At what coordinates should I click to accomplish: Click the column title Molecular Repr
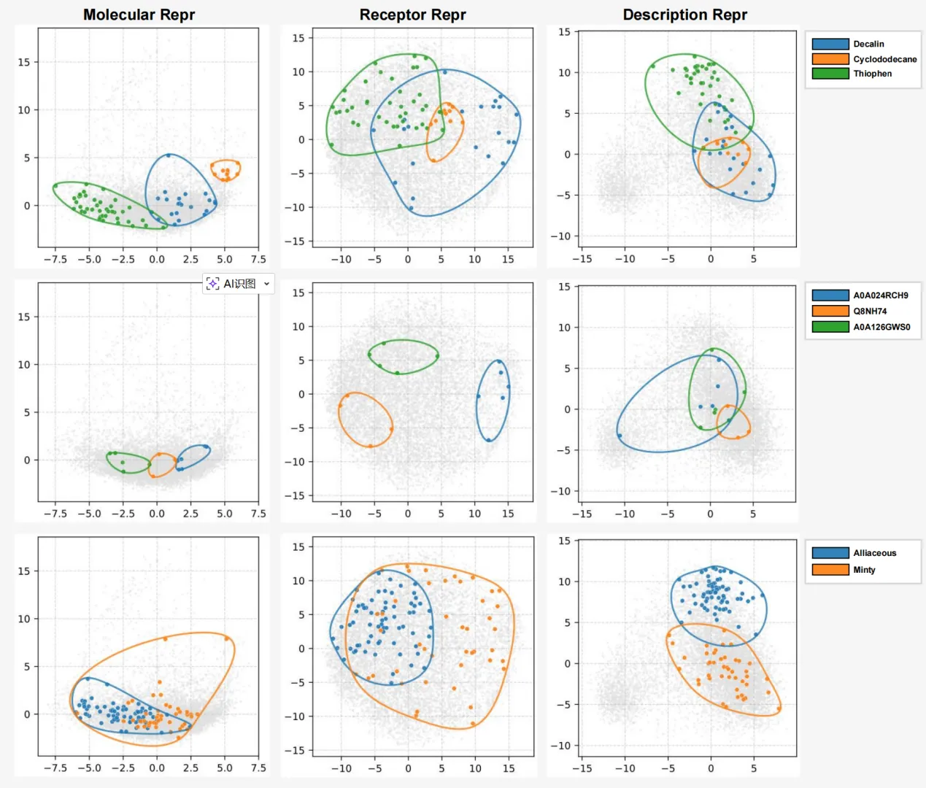(x=139, y=15)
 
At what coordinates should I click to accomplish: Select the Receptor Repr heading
(x=412, y=15)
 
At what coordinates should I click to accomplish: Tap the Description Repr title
(x=684, y=15)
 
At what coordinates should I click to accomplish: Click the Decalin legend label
(x=868, y=44)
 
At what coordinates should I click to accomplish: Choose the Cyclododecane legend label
(x=884, y=59)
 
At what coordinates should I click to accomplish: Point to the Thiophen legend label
(x=872, y=74)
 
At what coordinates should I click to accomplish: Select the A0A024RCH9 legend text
(x=881, y=295)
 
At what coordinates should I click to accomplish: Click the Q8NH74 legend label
(x=870, y=311)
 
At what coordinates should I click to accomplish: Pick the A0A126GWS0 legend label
(x=881, y=327)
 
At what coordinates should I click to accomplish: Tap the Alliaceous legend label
(x=874, y=553)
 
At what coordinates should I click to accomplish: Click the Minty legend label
(x=864, y=570)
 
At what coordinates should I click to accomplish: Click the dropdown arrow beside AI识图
(x=267, y=284)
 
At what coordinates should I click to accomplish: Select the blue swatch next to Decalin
(x=830, y=44)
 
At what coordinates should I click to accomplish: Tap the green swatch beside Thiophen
(x=830, y=74)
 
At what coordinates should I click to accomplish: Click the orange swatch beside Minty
(x=830, y=570)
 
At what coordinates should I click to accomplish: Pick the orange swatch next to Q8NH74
(x=830, y=311)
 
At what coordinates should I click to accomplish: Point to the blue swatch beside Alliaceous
(x=830, y=553)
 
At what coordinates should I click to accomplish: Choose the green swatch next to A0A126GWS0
(x=830, y=327)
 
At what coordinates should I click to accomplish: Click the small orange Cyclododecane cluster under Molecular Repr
(x=226, y=171)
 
